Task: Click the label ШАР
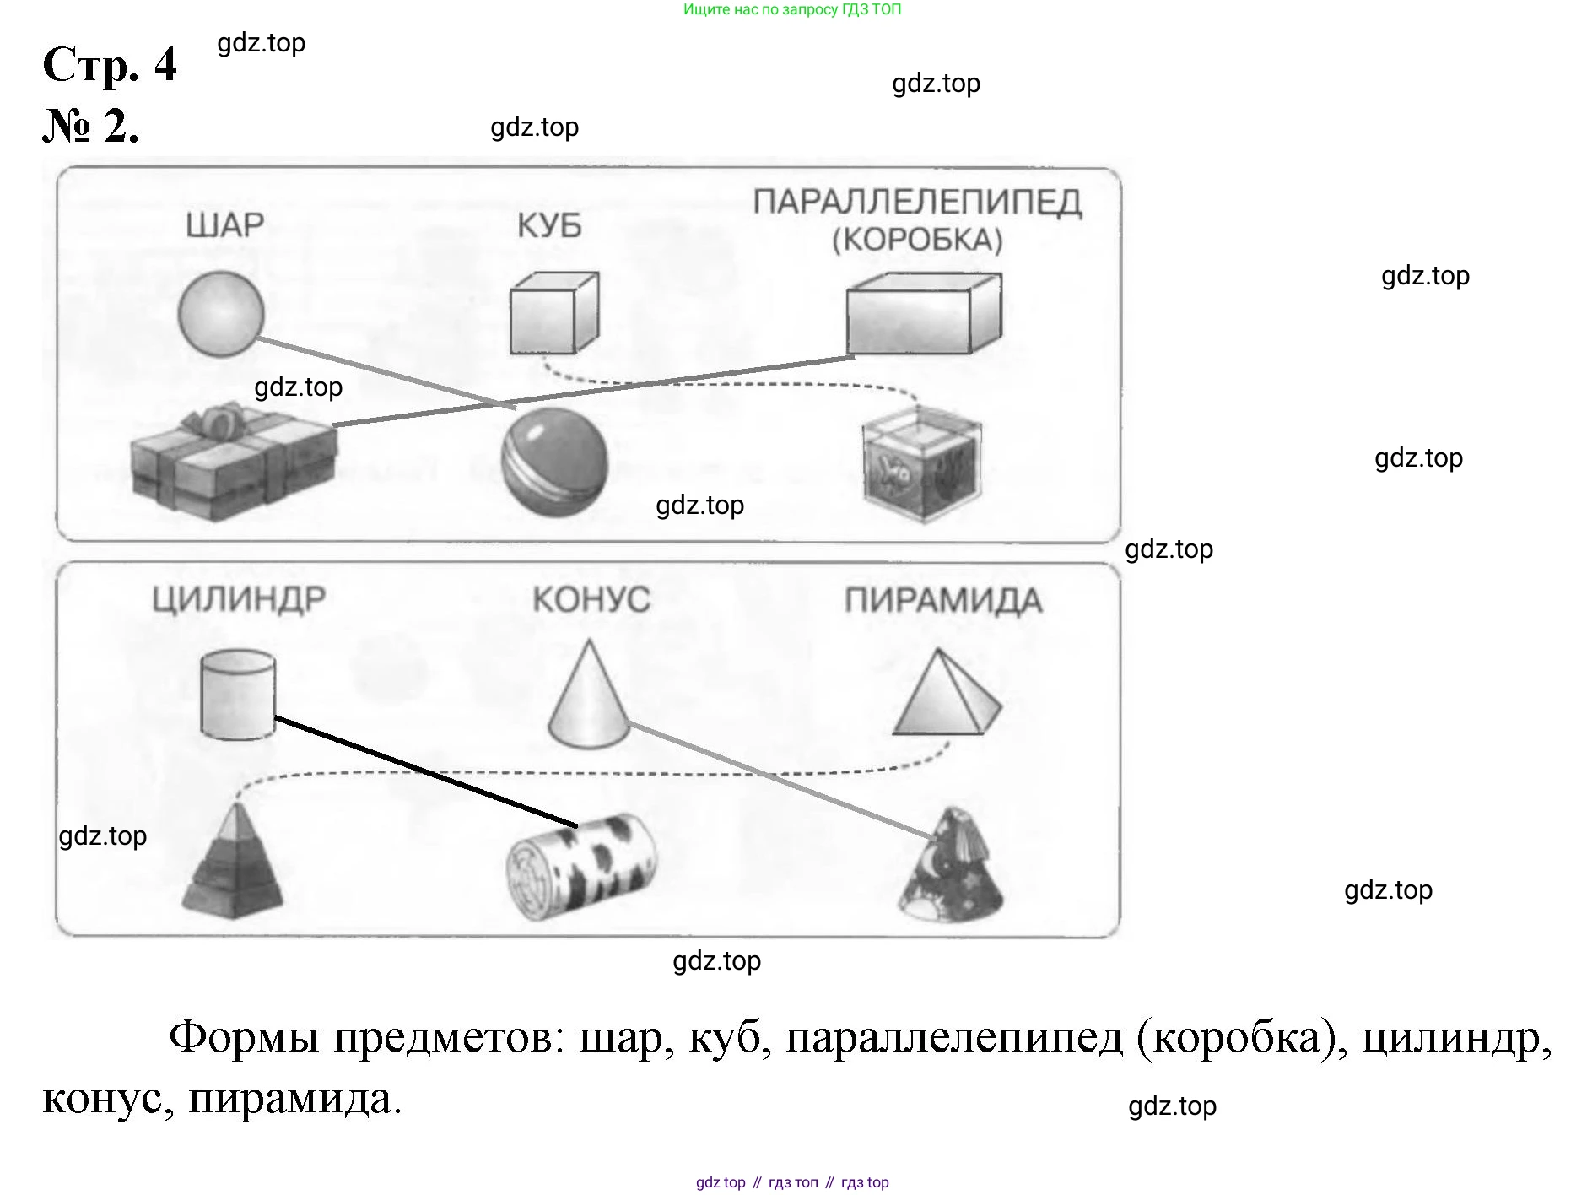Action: pos(224,225)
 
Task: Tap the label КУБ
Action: pos(549,226)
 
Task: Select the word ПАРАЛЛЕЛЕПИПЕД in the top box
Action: pos(917,203)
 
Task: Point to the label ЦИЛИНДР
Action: pos(239,599)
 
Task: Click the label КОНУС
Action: pos(591,600)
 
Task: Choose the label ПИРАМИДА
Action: pos(943,601)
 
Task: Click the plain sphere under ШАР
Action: pos(221,314)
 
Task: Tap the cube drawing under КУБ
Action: pos(553,313)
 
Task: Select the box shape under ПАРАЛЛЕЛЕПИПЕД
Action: pos(924,313)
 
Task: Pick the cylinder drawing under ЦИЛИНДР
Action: pos(238,695)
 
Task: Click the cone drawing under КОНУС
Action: pos(588,697)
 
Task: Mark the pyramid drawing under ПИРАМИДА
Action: pos(946,695)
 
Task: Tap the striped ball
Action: pos(554,462)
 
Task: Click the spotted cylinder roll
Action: pos(581,867)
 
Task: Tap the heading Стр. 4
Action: pos(110,64)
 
